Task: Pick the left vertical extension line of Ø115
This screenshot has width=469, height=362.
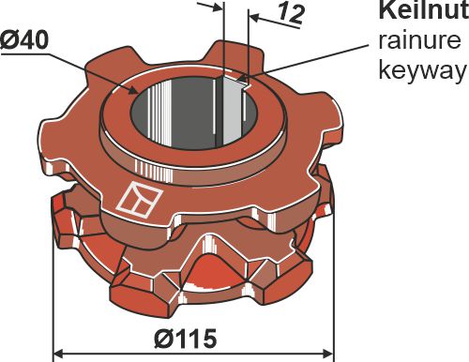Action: tap(53, 309)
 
